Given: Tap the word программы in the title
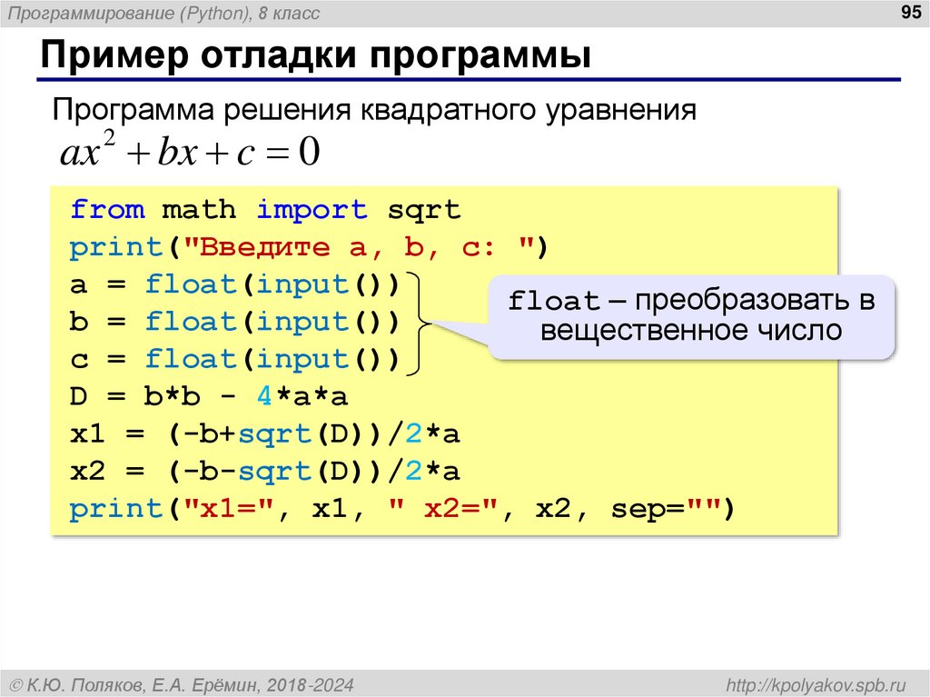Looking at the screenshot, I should [480, 55].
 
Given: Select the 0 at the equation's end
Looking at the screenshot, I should [310, 152].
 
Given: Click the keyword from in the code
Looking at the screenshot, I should [107, 210].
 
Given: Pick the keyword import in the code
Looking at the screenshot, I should [312, 210].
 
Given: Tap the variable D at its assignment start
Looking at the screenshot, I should [79, 396].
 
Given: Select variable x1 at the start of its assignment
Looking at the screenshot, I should [88, 434].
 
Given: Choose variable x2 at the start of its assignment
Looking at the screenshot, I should [88, 472].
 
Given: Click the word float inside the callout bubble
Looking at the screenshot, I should [553, 302].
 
